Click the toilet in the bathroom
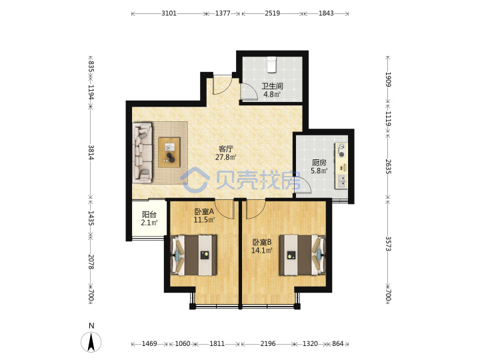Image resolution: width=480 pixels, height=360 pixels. coord(271,65)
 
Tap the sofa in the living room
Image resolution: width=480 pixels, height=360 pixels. coord(143,153)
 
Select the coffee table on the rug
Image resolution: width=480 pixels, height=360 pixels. coord(169,153)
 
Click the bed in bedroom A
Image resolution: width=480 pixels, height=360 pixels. coord(194,255)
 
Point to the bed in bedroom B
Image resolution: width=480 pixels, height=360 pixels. coord(302,255)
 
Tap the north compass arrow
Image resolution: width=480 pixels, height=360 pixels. coord(91,342)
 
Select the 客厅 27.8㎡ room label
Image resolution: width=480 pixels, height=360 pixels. coord(226,153)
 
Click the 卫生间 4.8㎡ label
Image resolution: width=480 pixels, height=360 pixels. coord(272,90)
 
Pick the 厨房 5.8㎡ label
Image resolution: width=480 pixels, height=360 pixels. coord(319,167)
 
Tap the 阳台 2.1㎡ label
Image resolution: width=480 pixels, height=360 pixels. coord(149,218)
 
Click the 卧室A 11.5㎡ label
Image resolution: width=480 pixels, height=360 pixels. coord(204,215)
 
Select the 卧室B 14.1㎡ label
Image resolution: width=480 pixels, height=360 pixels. coord(262,247)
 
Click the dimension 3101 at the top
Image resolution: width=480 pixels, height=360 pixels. coord(169,13)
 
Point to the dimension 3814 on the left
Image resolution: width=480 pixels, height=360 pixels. coord(91,152)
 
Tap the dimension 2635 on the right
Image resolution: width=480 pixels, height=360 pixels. coord(388,167)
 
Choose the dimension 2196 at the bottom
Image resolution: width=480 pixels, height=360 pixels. coord(268,344)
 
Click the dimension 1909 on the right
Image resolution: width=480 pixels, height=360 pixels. coord(388,79)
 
